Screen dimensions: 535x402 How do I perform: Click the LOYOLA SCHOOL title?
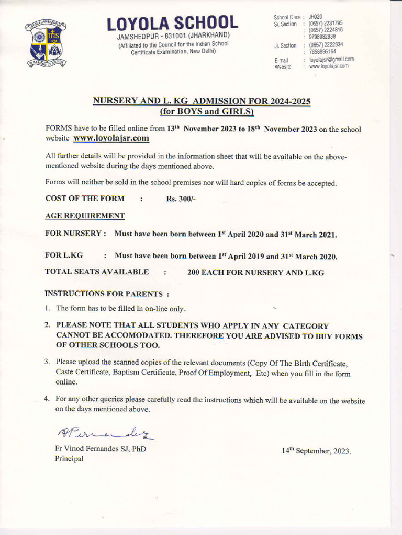pos(172,23)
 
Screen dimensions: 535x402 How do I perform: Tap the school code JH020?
pos(316,17)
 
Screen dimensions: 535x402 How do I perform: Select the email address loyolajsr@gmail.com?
pos(331,60)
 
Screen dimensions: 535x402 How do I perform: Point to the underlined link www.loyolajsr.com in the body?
pos(111,138)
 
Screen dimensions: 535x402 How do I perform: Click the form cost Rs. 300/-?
pos(181,199)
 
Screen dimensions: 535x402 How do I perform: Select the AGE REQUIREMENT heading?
pos(85,216)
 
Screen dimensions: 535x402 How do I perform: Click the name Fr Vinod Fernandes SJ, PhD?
pos(100,448)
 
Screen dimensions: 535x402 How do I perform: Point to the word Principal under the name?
pos(69,458)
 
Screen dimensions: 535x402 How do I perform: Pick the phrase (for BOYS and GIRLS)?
pos(207,111)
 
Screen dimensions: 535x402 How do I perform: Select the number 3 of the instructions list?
pos(47,362)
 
